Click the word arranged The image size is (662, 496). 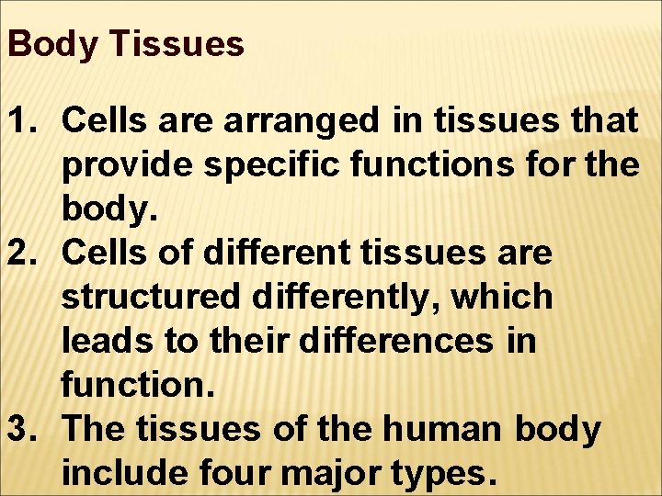pos(298,119)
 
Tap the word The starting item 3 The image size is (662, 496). pos(95,430)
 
